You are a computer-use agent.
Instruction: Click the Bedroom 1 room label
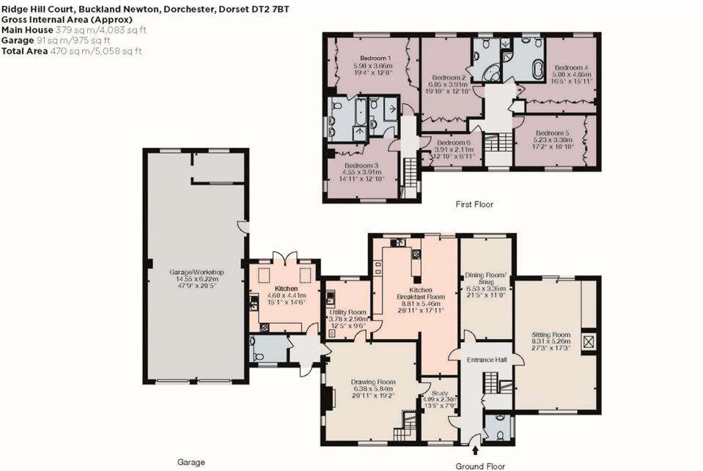click(376, 59)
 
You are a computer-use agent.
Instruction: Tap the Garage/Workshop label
click(196, 272)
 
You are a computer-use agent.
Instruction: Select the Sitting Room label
click(551, 335)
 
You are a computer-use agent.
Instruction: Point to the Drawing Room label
click(373, 382)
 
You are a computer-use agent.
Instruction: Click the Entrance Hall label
click(487, 360)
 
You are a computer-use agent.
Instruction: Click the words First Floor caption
click(474, 204)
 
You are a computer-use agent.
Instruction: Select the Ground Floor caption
click(480, 466)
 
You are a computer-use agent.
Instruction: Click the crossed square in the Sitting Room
click(588, 342)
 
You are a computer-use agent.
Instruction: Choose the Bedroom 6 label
click(452, 143)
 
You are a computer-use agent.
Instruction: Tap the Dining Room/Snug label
click(486, 278)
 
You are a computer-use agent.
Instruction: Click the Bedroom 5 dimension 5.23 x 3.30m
click(553, 140)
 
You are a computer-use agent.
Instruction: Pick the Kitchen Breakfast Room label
click(421, 294)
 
